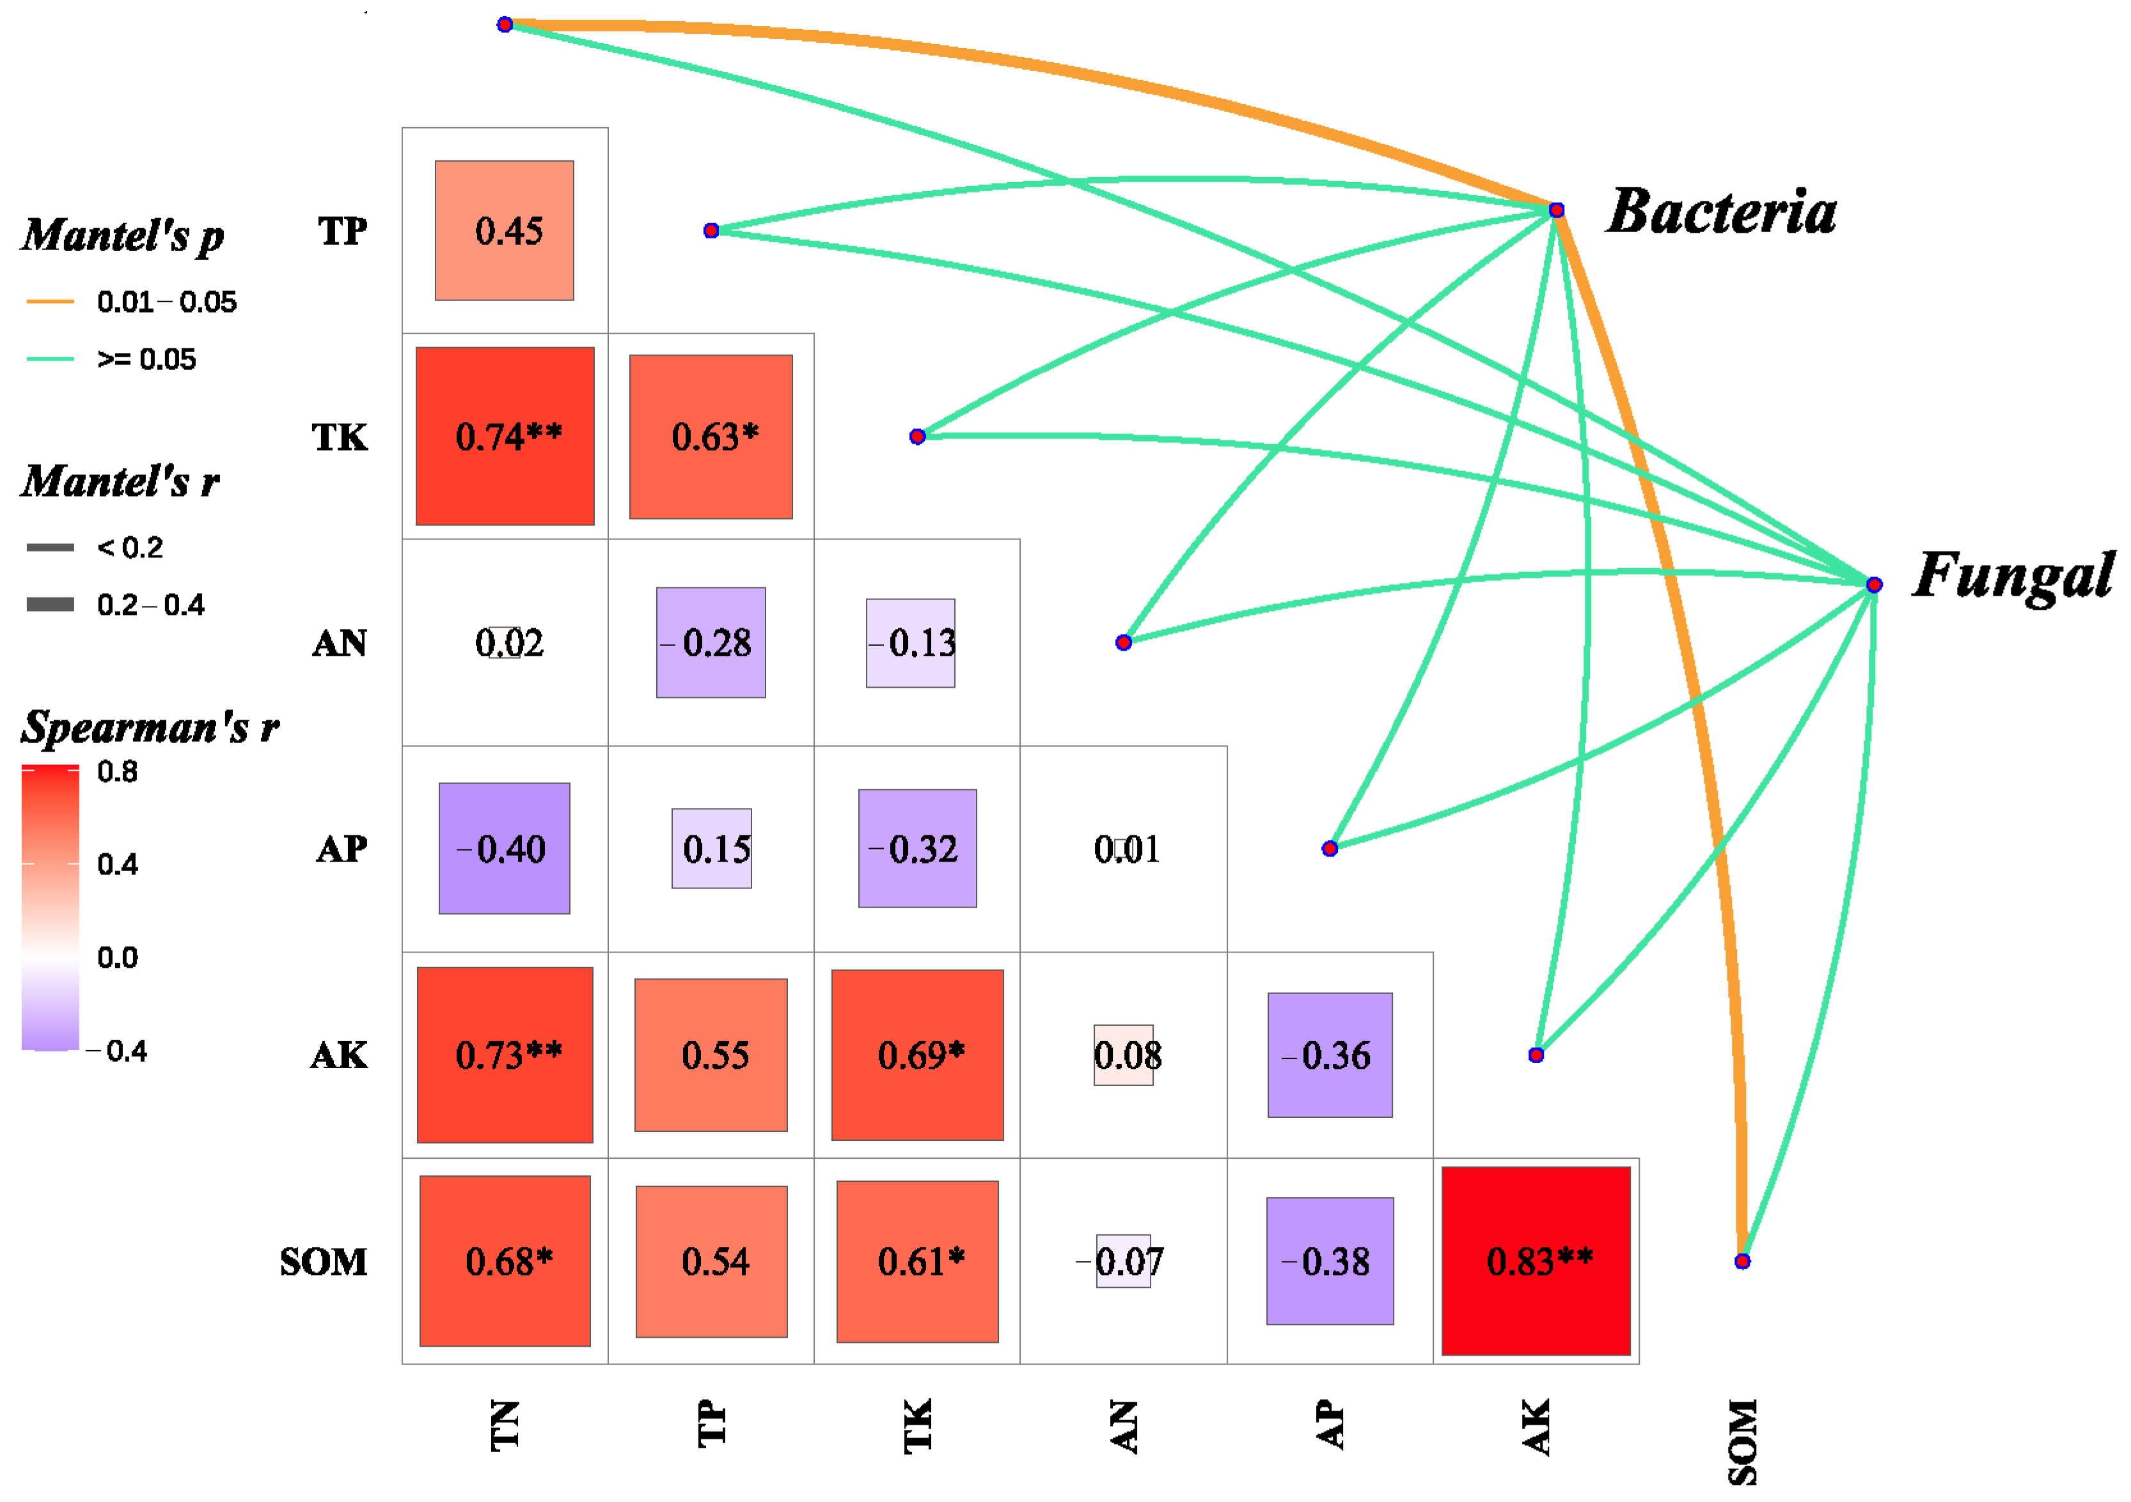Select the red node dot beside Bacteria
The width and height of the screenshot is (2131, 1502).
[1557, 210]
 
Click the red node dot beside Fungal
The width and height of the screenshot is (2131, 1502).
[1874, 584]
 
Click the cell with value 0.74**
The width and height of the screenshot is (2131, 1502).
[505, 436]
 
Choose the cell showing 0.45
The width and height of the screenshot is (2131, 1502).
[505, 230]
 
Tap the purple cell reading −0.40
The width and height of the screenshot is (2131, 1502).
[505, 848]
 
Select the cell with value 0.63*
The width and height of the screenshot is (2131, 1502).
[711, 436]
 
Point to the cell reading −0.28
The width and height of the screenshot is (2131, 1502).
[711, 642]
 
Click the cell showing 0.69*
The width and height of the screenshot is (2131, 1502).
[917, 1054]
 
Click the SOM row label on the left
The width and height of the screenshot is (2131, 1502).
[323, 1262]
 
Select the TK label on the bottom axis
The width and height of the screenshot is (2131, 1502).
[917, 1425]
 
